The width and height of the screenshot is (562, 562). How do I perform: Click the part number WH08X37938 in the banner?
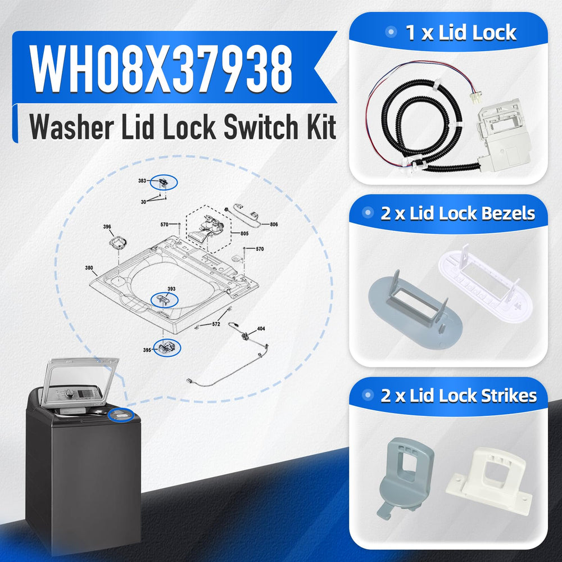(161, 69)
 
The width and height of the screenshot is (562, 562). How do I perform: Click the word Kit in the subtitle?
(321, 127)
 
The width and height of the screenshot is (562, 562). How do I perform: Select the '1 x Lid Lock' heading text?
(461, 33)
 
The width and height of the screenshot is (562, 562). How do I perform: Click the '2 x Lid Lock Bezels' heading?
(457, 214)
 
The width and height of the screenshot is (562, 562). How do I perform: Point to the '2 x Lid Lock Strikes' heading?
(459, 396)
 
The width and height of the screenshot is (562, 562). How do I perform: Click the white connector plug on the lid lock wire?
(476, 96)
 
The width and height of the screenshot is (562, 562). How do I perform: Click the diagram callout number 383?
(142, 180)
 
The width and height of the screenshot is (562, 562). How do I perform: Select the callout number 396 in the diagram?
(107, 226)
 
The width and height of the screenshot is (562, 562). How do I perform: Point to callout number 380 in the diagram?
(89, 268)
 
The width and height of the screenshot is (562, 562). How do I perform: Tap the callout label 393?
(171, 289)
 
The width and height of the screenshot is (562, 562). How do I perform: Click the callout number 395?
(147, 350)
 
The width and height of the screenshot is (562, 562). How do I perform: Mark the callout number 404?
(261, 329)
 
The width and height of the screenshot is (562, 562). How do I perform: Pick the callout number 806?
(274, 224)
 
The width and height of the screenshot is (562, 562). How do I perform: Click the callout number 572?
(216, 324)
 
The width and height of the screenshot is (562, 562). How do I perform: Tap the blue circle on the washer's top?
(120, 415)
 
